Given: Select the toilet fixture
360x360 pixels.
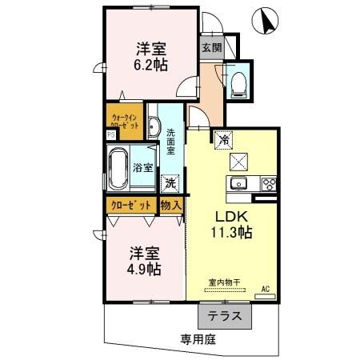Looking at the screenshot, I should point(238,84).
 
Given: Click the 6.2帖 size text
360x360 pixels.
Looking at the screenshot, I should point(152,66).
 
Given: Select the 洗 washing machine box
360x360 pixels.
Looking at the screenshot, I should point(170,182).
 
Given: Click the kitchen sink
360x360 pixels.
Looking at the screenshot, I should point(239,185).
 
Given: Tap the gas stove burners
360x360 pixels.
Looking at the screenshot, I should point(268,184).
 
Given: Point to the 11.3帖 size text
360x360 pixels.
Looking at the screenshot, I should point(232,233).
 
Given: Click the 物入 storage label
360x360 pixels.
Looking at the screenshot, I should point(171,206).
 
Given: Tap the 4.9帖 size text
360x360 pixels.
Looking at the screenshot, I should point(145,269).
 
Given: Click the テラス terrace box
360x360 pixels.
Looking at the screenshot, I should point(226,316).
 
